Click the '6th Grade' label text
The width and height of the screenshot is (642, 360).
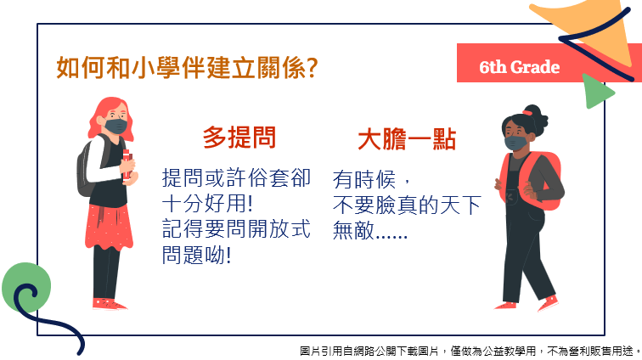519,67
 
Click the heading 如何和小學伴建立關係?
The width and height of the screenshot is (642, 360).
187,68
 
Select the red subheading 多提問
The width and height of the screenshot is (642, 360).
239,137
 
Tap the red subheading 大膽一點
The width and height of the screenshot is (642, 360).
407,139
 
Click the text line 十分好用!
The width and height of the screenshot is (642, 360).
207,203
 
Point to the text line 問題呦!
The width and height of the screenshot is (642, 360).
197,255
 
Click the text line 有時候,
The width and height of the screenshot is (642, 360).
371,179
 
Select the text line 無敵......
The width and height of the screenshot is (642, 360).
370,230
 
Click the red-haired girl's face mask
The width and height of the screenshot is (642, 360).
115,127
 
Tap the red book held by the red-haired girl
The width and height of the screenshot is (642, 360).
127,165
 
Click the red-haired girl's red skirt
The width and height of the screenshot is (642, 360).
109,226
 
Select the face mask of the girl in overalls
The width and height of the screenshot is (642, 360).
516,143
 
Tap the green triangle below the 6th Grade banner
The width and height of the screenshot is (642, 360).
596,91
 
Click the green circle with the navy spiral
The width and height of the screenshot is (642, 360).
26,288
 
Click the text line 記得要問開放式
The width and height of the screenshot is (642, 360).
236,229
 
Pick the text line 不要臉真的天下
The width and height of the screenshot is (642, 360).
407,205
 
